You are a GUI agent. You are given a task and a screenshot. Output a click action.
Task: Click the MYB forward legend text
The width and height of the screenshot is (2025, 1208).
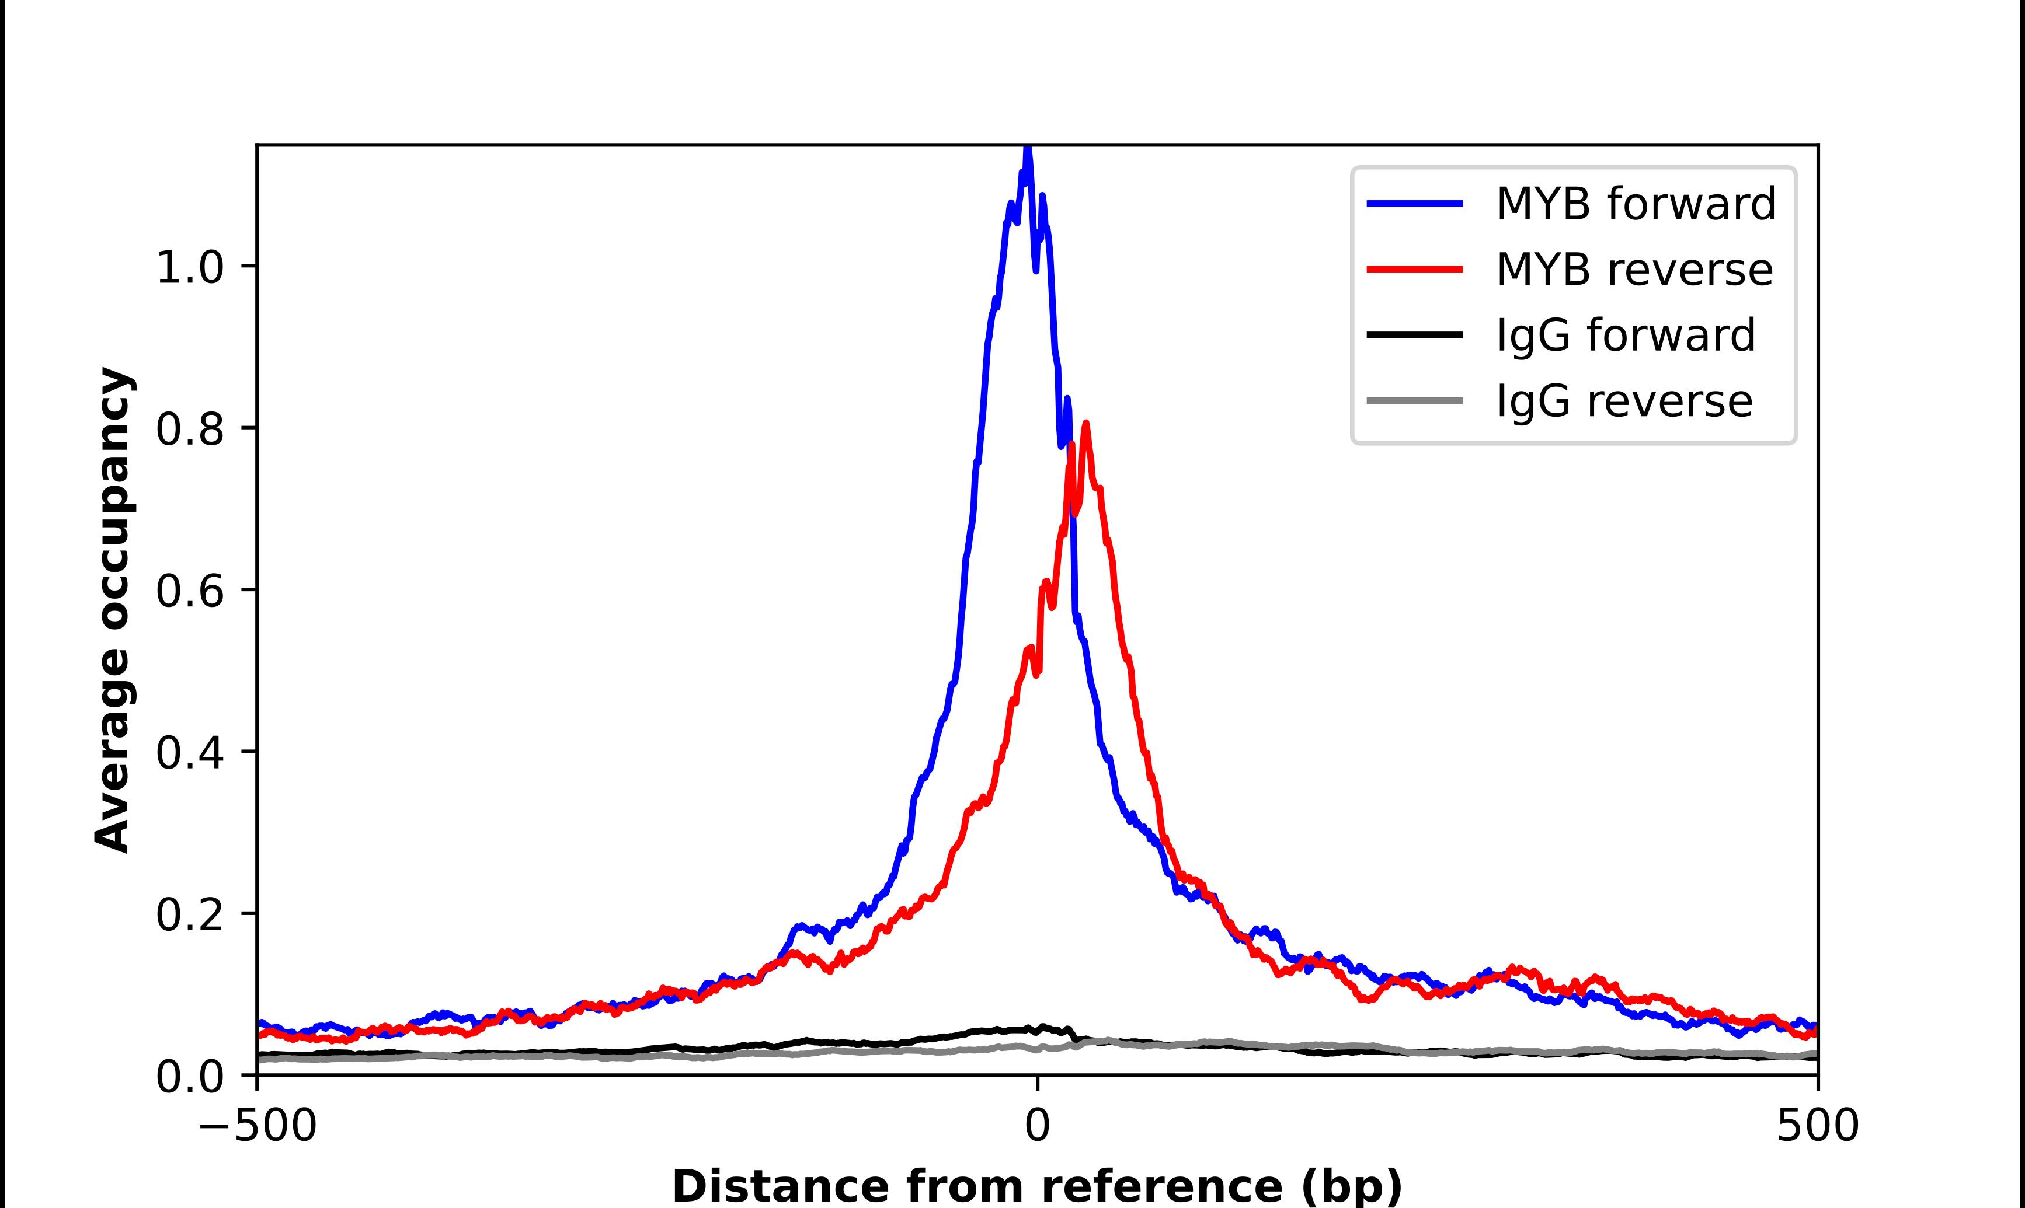[x=1635, y=204]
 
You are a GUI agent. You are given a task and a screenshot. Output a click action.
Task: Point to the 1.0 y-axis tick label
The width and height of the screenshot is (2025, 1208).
[x=189, y=268]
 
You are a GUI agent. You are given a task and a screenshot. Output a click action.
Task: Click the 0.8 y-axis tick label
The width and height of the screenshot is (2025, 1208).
[x=189, y=429]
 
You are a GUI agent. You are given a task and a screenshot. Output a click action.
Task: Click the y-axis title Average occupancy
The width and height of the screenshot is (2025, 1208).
[x=112, y=610]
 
